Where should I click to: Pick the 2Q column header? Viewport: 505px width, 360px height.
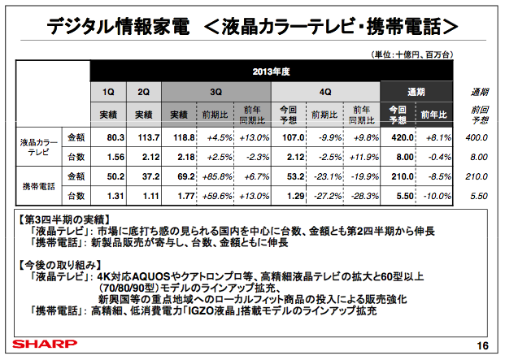click(144, 92)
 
